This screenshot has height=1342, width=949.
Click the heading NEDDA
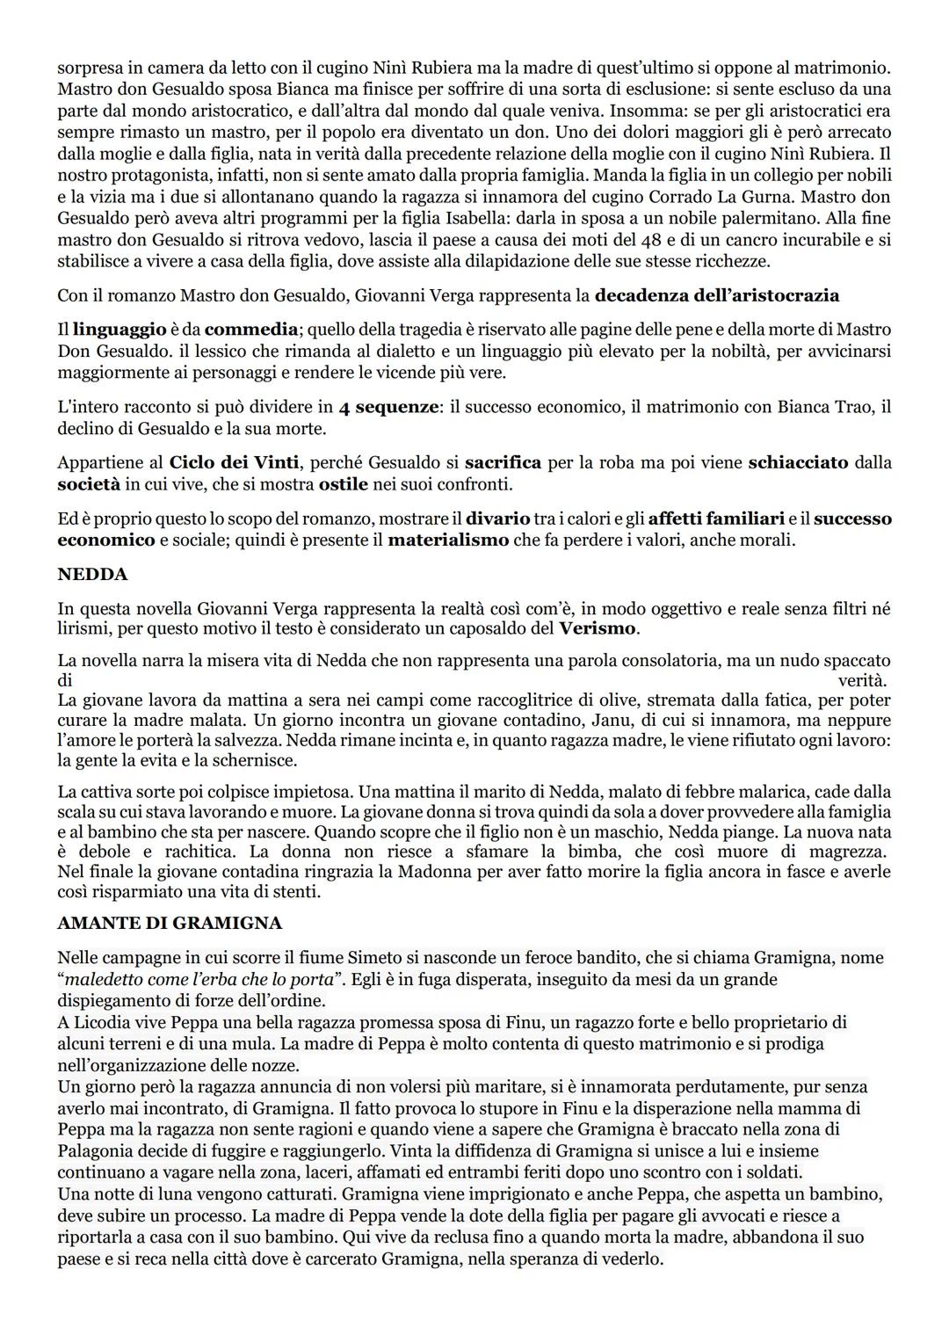click(92, 575)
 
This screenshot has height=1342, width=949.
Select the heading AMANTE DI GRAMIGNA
click(169, 924)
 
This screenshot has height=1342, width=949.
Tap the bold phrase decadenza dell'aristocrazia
click(716, 295)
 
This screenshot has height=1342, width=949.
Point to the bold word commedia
click(251, 330)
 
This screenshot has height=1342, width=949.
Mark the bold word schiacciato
click(798, 462)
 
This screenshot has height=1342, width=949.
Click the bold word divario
click(497, 519)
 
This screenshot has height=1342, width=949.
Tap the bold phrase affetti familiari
click(716, 519)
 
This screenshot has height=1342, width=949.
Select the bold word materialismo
click(448, 540)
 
